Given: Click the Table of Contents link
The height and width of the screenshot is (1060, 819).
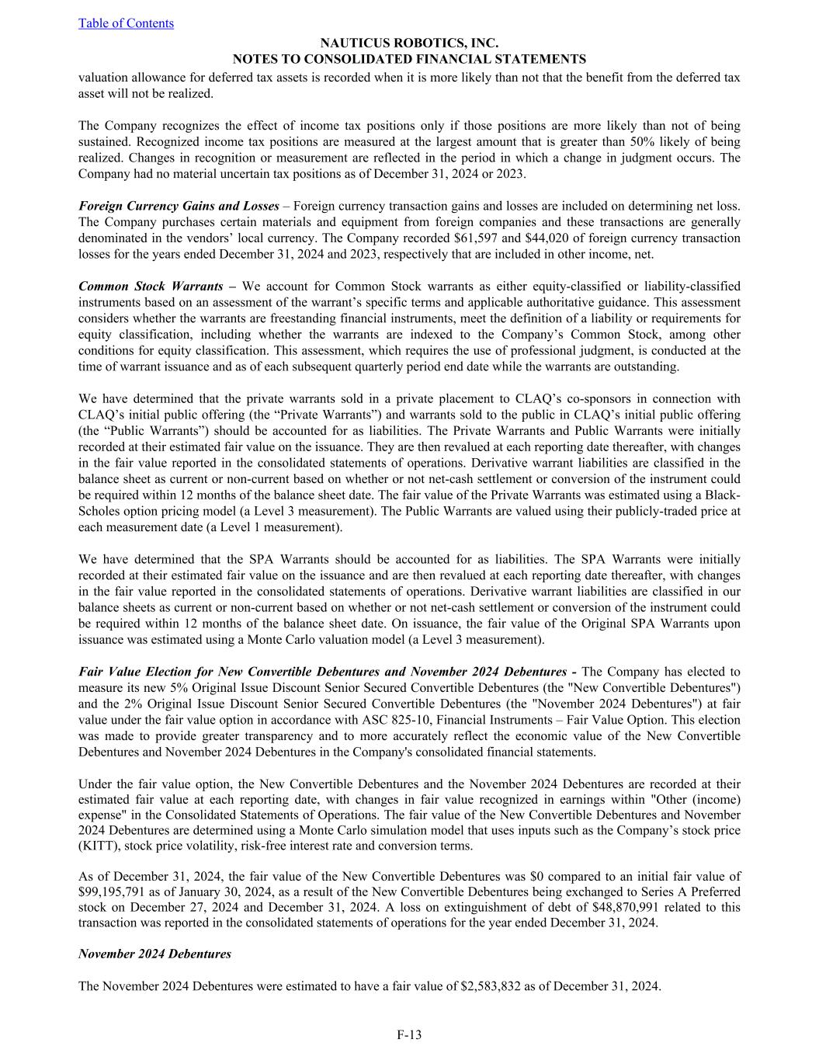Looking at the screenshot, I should (126, 23).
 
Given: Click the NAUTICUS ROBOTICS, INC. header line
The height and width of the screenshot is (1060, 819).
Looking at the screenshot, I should (409, 44).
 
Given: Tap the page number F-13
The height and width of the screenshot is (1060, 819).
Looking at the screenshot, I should (409, 1034).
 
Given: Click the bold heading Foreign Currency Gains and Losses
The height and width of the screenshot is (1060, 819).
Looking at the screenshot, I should (179, 206).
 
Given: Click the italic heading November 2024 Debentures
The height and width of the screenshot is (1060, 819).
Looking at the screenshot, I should (154, 954).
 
